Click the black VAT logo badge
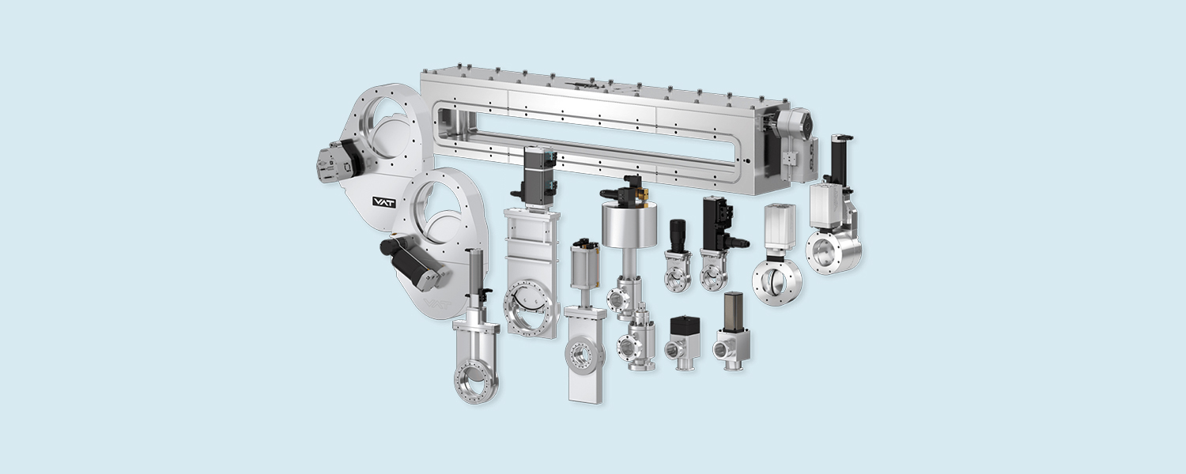tap(383, 201)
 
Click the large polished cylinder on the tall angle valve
tap(629, 226)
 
